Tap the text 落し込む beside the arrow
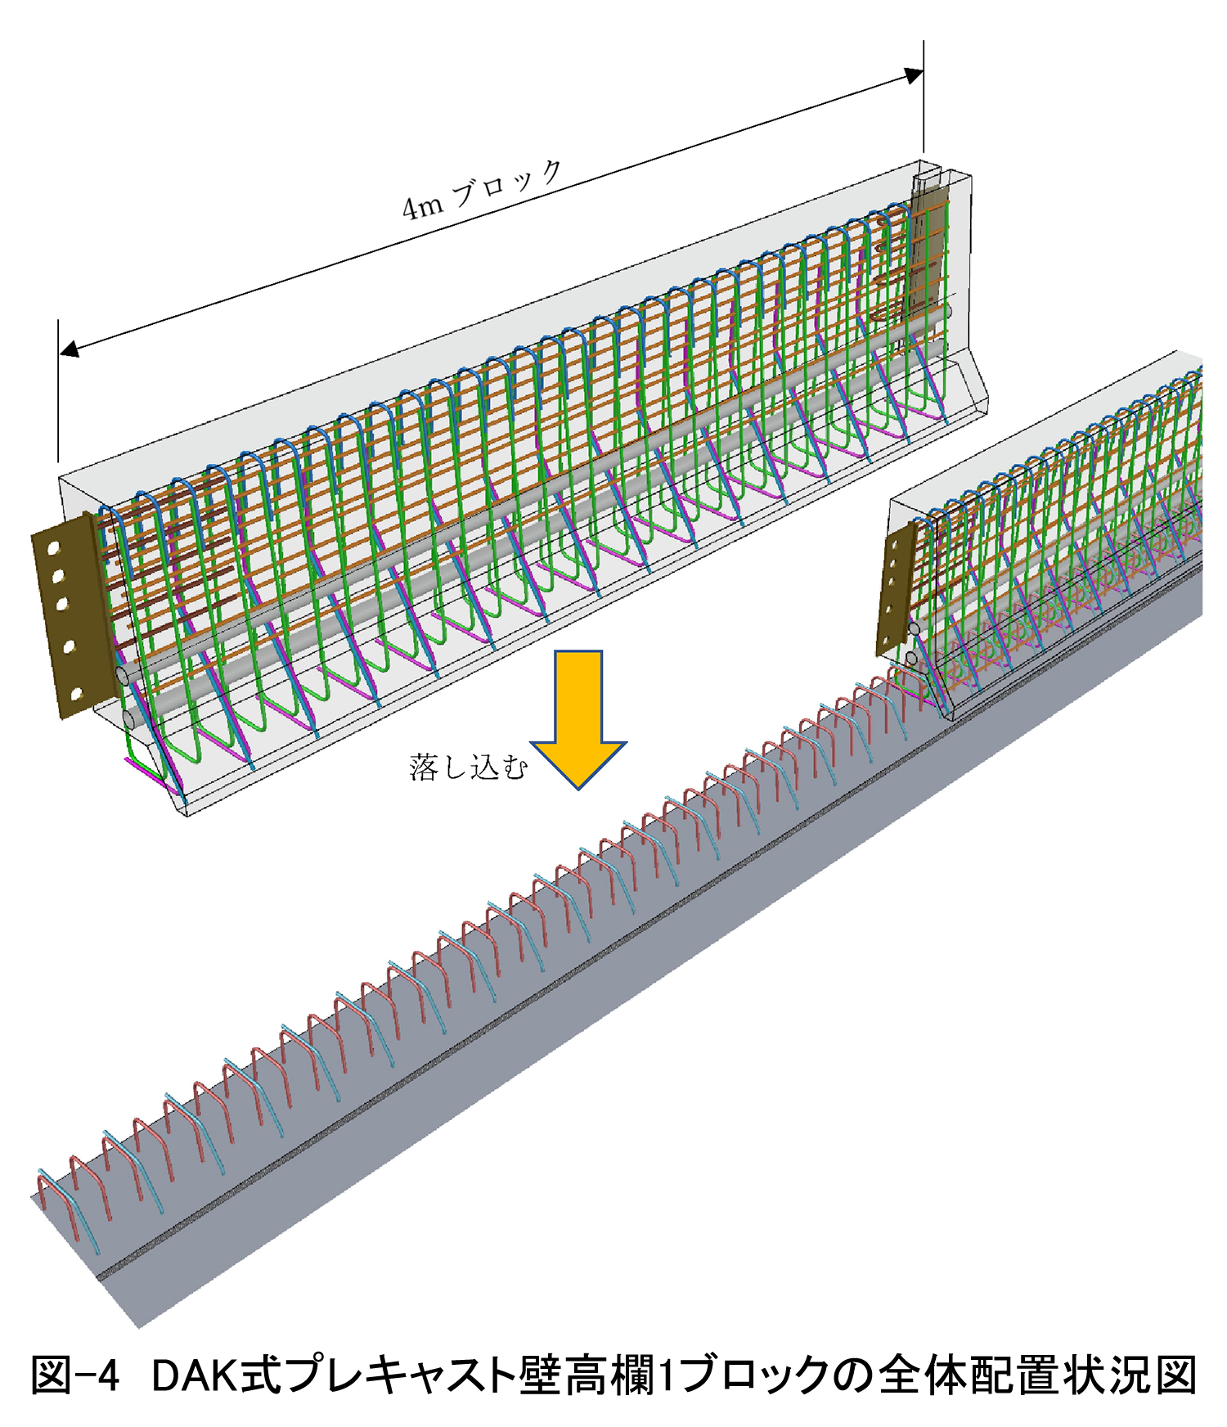[x=468, y=767]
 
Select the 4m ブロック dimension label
[x=483, y=190]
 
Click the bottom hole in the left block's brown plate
[x=76, y=695]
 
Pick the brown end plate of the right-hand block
[x=897, y=588]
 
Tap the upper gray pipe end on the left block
[x=123, y=675]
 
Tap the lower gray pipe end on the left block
[x=128, y=720]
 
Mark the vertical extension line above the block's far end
[x=924, y=98]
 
